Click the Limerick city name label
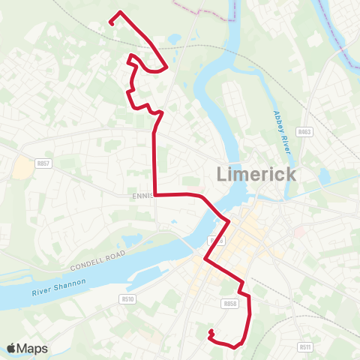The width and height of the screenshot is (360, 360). [x=256, y=175]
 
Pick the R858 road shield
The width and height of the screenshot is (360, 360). [x=229, y=304]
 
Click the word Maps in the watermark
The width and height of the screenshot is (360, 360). [x=32, y=348]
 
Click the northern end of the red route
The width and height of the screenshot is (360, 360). [x=111, y=23]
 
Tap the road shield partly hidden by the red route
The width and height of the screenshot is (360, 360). [x=217, y=240]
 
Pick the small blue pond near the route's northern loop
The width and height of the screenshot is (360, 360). [x=174, y=39]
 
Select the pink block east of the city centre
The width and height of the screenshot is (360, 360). [x=298, y=232]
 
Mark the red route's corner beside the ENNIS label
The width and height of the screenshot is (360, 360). [x=154, y=193]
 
